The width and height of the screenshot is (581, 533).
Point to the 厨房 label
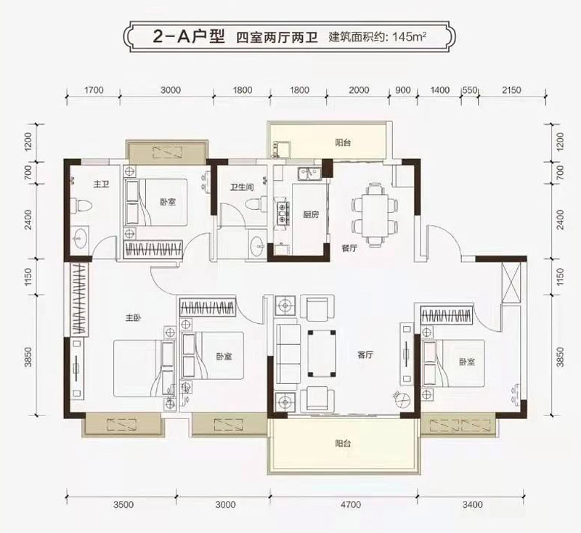(311, 214)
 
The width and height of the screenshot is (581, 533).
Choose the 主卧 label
(131, 317)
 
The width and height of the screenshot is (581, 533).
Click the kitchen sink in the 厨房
(309, 174)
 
